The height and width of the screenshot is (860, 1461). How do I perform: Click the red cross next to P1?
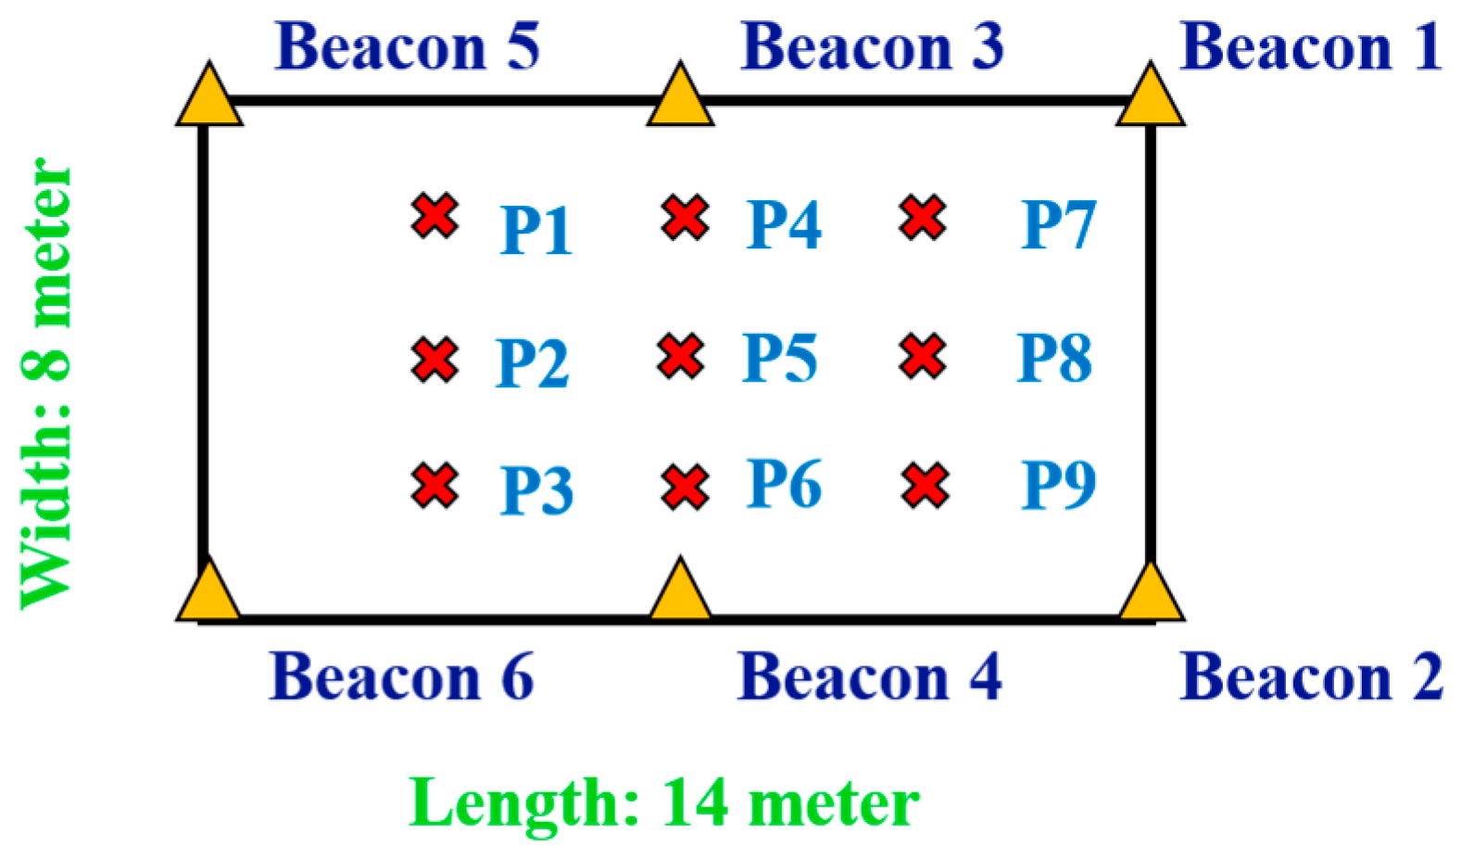click(435, 216)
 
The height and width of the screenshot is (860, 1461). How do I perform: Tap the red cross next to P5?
click(681, 357)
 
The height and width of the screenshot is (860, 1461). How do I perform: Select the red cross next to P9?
click(925, 486)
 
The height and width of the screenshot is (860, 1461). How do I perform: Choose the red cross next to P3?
click(435, 486)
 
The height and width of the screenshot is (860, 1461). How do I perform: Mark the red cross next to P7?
click(923, 218)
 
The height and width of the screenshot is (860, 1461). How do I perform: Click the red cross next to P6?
click(686, 487)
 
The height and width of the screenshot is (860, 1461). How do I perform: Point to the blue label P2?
click(533, 362)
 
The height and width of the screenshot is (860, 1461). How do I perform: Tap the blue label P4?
click(784, 224)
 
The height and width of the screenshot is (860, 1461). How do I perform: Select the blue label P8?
click(1054, 358)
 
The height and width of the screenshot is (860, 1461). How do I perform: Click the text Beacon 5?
click(408, 46)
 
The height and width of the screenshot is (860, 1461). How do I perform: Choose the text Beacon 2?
click(1311, 677)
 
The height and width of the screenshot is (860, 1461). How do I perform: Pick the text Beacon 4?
click(869, 677)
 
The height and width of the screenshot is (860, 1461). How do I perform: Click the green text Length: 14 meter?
click(663, 803)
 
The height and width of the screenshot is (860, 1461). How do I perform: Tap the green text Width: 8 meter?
click(46, 384)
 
